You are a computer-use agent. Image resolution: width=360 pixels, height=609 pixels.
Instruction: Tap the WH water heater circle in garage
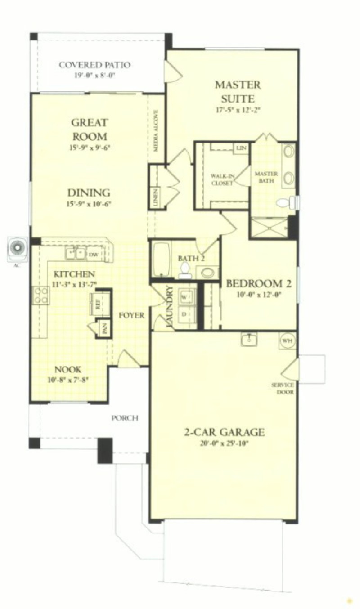[x=287, y=340]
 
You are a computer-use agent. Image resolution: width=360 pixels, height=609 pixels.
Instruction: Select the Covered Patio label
[x=95, y=65]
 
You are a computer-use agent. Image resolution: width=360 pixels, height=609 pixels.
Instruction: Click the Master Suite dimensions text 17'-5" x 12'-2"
[x=237, y=108]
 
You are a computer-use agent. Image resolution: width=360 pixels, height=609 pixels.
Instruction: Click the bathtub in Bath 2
[x=161, y=260]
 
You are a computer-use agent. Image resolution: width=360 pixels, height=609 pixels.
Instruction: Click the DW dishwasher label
[x=94, y=255]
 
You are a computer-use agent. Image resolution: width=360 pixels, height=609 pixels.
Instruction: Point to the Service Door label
[x=283, y=388]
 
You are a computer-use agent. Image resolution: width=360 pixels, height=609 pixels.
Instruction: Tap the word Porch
[x=125, y=418]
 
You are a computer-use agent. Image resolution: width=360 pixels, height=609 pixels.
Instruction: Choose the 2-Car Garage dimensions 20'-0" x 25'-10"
[x=224, y=443]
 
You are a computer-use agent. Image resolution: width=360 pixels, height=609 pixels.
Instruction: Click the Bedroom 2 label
[x=259, y=284]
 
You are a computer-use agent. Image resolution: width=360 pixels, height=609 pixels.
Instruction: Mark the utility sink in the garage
[x=249, y=340]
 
